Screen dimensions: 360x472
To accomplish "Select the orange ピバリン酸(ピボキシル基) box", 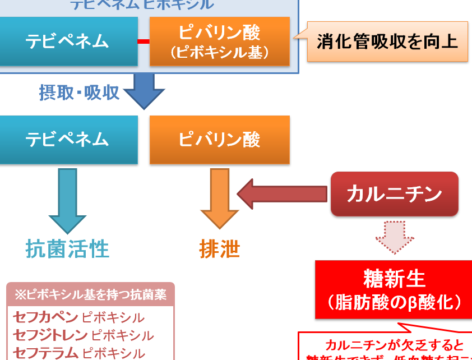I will coord(220,41).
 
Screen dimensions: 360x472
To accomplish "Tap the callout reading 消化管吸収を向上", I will coord(387,41).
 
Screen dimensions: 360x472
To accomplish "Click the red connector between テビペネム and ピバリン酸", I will coord(144,41).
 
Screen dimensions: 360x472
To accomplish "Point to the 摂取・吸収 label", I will coord(79,93).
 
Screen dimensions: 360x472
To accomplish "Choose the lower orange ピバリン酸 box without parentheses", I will coord(220,140).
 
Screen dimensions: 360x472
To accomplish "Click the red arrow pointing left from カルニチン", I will coord(283,194).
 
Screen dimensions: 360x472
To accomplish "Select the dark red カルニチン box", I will coord(394,194).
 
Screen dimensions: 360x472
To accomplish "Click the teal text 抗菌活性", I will coord(67,248).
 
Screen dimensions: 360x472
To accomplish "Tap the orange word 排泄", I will coord(220,249).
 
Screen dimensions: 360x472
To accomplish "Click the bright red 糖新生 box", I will coord(394,289).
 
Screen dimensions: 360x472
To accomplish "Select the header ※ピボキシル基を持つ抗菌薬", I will coord(90,294).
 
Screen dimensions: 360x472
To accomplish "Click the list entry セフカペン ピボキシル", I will coord(78,318).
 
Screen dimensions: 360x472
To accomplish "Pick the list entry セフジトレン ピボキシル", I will coord(83,335).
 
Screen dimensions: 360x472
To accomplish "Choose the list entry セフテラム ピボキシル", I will coord(78,353).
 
